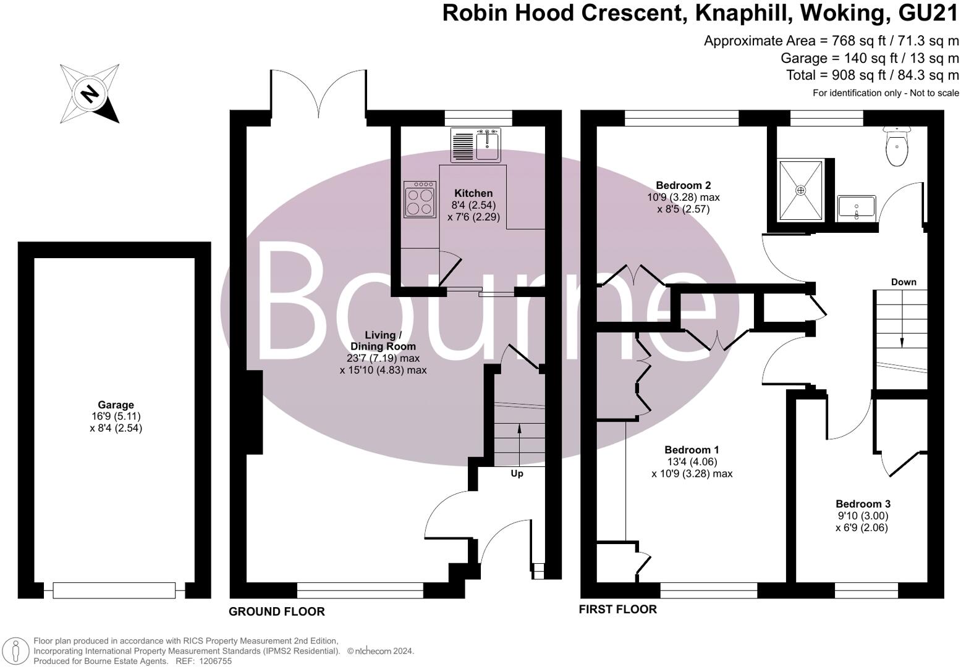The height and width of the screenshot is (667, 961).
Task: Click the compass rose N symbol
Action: pyautogui.click(x=90, y=94)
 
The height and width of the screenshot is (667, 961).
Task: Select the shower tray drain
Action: pyautogui.click(x=800, y=190)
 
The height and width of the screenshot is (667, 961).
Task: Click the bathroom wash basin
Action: pyautogui.click(x=857, y=207)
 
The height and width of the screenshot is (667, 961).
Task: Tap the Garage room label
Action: pyautogui.click(x=116, y=405)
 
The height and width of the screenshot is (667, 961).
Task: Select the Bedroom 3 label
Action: pyautogui.click(x=863, y=504)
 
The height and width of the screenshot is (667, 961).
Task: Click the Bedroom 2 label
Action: pyautogui.click(x=683, y=185)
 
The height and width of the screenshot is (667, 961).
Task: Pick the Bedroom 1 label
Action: pyautogui.click(x=692, y=450)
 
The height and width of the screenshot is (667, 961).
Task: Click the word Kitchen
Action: pyautogui.click(x=473, y=193)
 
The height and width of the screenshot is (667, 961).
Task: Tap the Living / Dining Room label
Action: pyautogui.click(x=383, y=341)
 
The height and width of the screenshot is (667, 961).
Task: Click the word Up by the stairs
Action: pyautogui.click(x=517, y=474)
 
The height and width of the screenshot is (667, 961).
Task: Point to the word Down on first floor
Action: pyautogui.click(x=903, y=282)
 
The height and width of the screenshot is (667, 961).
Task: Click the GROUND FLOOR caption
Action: pyautogui.click(x=276, y=611)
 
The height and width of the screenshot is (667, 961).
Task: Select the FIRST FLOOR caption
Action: pyautogui.click(x=617, y=610)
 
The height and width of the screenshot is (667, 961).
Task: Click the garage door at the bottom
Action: pyautogui.click(x=114, y=590)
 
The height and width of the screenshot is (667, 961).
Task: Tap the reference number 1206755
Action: pyautogui.click(x=213, y=661)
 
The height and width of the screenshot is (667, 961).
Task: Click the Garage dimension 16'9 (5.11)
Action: pyautogui.click(x=116, y=416)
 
